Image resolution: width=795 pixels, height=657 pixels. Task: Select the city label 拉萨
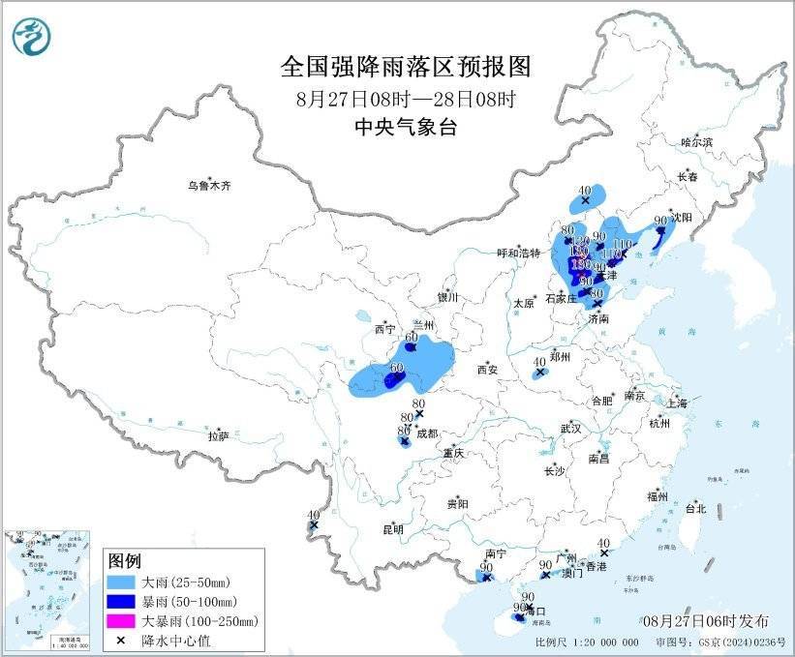click(x=218, y=436)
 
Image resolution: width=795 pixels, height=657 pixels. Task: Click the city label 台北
click(x=695, y=508)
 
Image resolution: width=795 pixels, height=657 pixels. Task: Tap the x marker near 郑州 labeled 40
click(x=540, y=372)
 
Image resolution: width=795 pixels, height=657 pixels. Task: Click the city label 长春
click(x=688, y=177)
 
